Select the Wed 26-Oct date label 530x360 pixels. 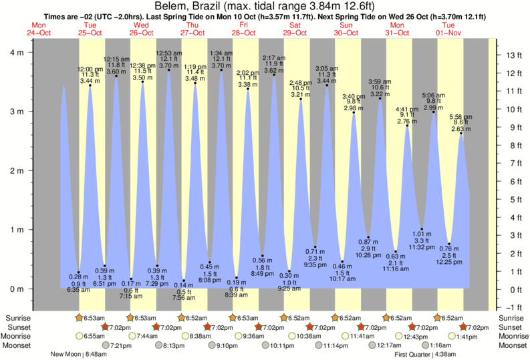[x=142, y=29]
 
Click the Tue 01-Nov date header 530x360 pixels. [x=450, y=29]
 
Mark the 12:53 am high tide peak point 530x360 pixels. [x=168, y=69]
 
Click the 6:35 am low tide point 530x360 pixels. [x=79, y=272]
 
